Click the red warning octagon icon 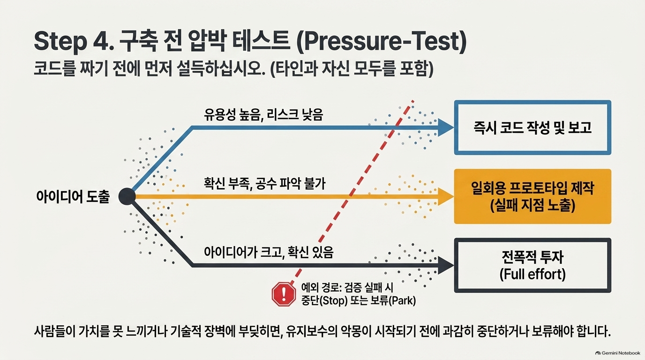pos(284,294)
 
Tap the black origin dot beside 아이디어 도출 pos(127,196)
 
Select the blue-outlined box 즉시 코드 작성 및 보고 pos(532,127)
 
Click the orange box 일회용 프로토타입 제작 pos(532,196)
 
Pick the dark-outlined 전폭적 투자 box pos(532,265)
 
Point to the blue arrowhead pos(446,127)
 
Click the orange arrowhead pos(446,196)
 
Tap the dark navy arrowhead pos(446,265)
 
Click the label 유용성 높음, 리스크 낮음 pos(263,115)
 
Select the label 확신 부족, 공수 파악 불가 pos(265,183)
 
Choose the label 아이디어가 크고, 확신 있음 pos(269,252)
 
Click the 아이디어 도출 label pos(73,197)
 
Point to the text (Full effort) pos(532,274)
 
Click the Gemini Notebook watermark pos(617,353)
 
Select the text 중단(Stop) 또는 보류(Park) pos(359,300)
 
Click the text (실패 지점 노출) pos(532,206)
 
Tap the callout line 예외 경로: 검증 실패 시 pos(347,287)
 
